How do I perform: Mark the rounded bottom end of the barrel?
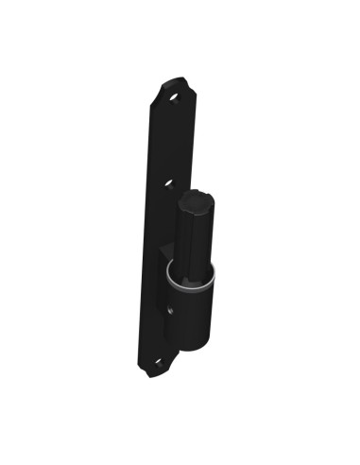coord(194,347)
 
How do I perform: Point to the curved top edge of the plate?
coord(173,80)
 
